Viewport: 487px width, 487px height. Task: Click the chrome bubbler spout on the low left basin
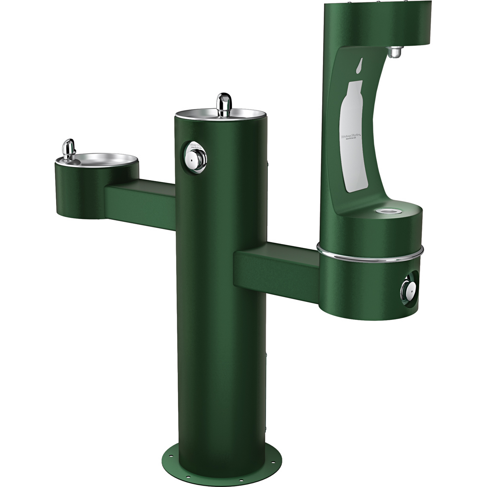[x=69, y=147]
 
